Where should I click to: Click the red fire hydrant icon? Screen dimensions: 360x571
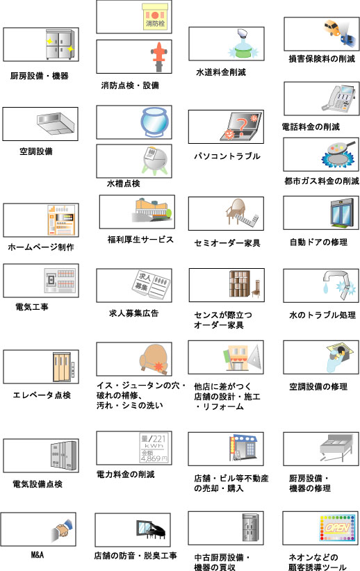(159, 57)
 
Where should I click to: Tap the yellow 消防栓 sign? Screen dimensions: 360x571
(155, 17)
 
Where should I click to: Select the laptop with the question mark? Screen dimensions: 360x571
(241, 126)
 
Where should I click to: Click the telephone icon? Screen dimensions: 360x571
(338, 99)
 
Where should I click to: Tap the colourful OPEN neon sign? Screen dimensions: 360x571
(337, 528)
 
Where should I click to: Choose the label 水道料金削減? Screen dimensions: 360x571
(221, 72)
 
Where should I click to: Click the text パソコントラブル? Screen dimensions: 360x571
(227, 156)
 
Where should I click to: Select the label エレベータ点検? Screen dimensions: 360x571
(42, 395)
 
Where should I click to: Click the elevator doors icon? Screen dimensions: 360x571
(63, 367)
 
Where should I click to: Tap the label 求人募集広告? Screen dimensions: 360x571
(133, 313)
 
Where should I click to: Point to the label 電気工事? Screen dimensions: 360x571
(32, 307)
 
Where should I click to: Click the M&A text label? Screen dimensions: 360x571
(37, 554)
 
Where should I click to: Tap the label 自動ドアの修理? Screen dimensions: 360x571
(318, 242)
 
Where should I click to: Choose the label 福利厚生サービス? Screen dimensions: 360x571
(140, 239)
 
